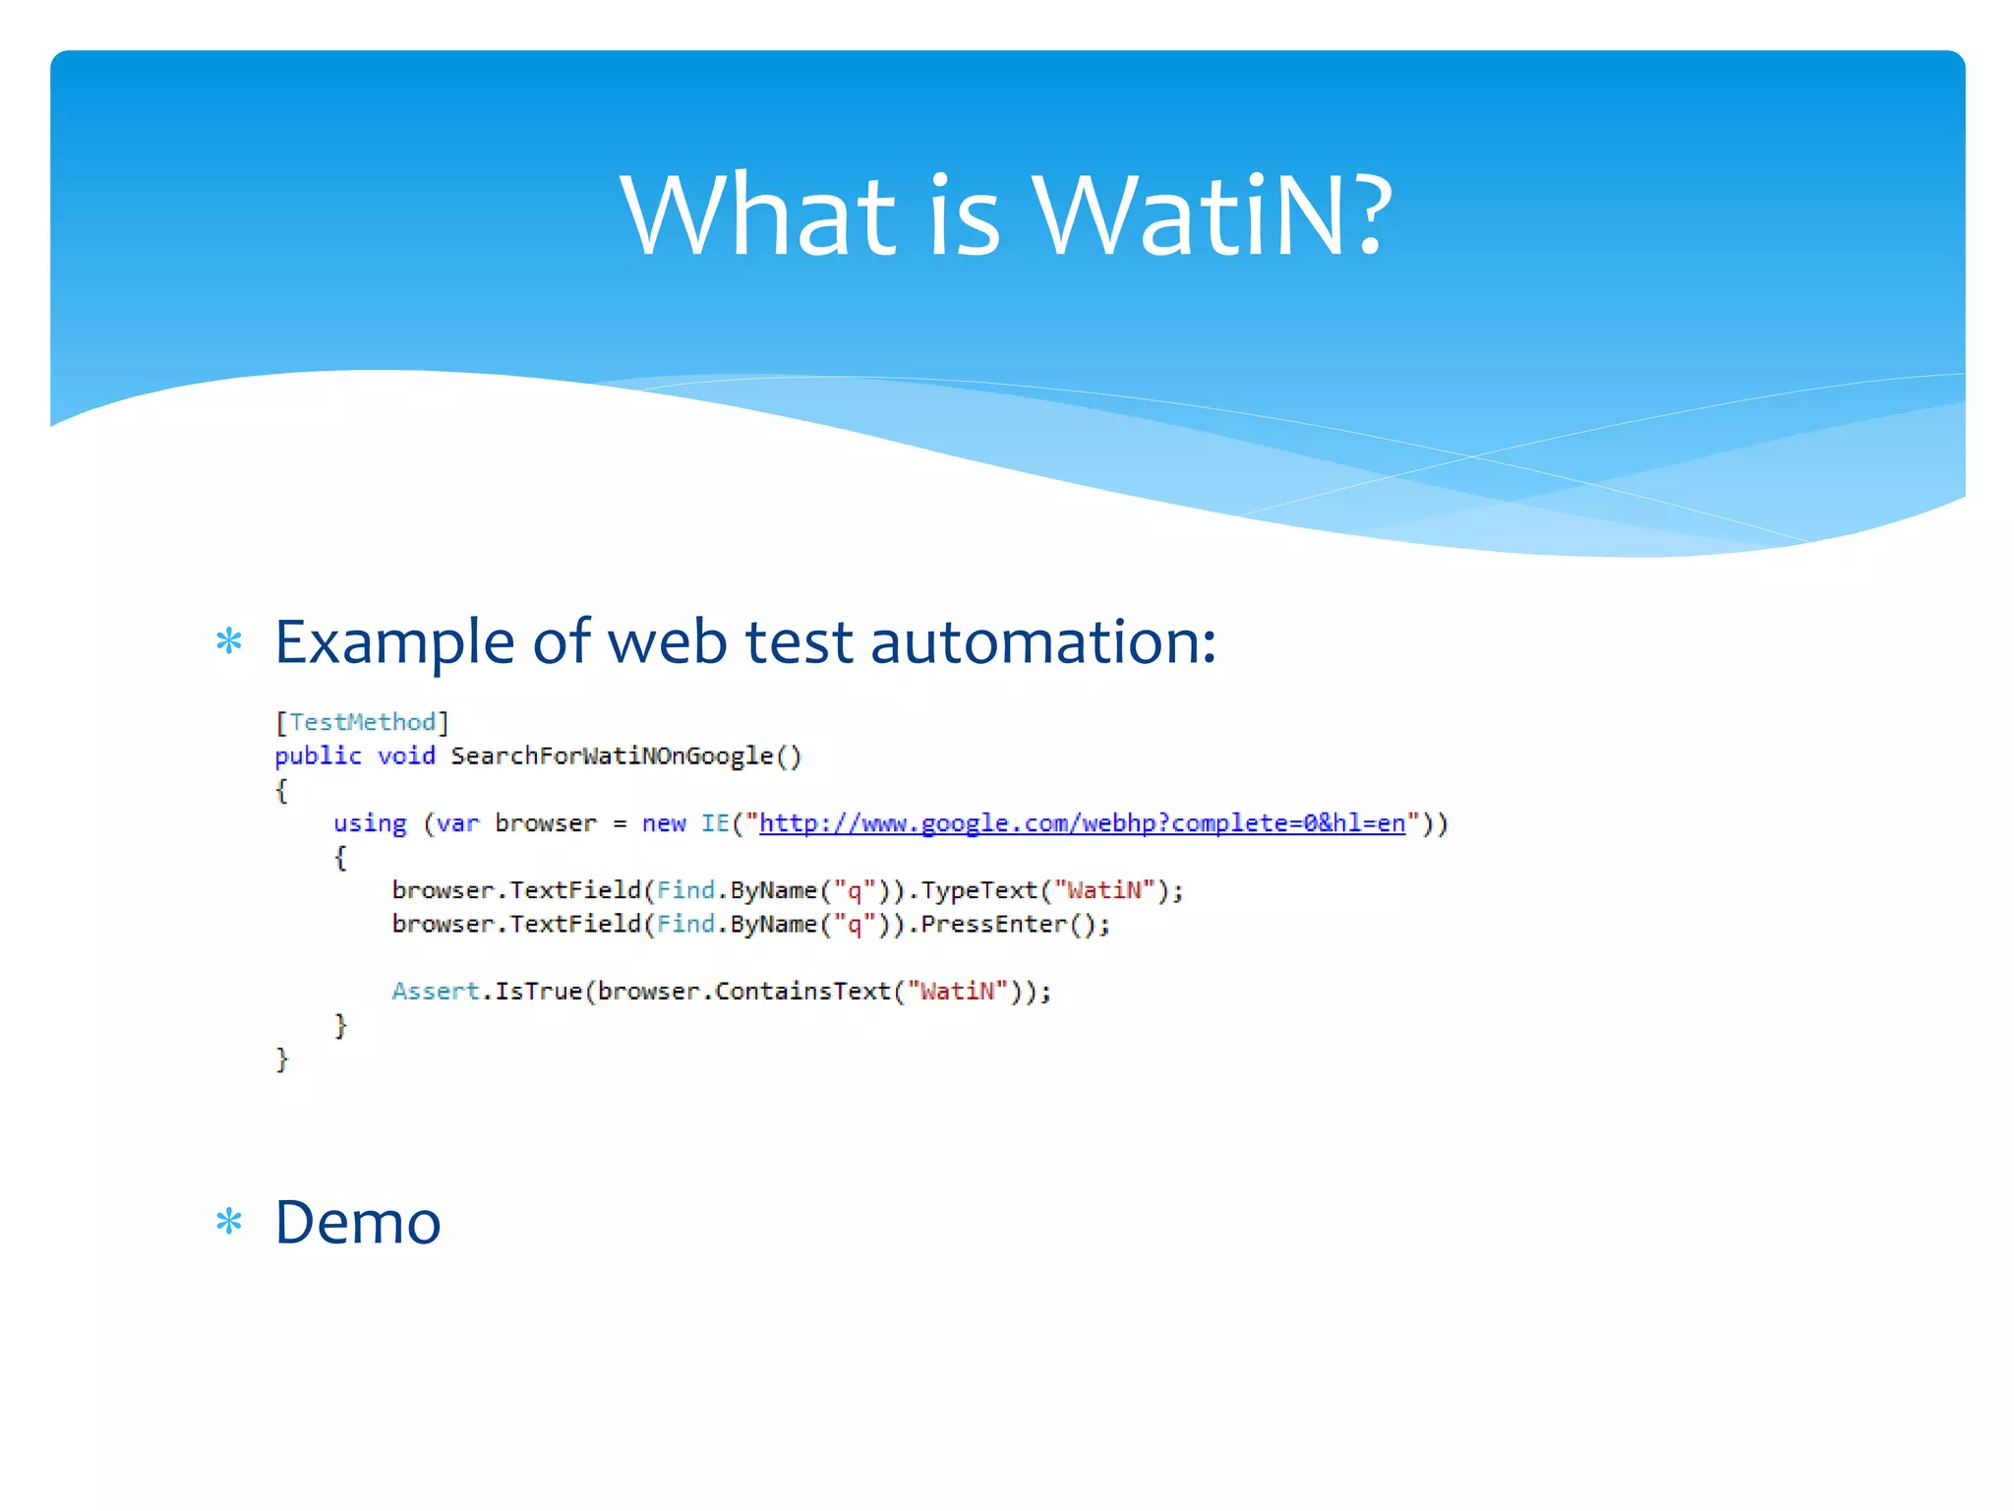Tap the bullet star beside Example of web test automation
pyautogui.click(x=229, y=642)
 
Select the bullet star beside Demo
pyautogui.click(x=229, y=1223)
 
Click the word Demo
pyautogui.click(x=358, y=1223)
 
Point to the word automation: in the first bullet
pyautogui.click(x=1043, y=642)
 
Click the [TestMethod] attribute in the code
pyautogui.click(x=362, y=722)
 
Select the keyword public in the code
pyautogui.click(x=318, y=755)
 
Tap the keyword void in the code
pyautogui.click(x=406, y=755)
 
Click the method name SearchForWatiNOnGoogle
pyautogui.click(x=612, y=755)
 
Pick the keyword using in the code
pyautogui.click(x=370, y=823)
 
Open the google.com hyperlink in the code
pyautogui.click(x=1082, y=823)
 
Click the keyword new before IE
pyautogui.click(x=664, y=823)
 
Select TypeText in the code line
pyautogui.click(x=979, y=890)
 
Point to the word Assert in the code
pyautogui.click(x=436, y=991)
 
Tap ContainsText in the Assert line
pyautogui.click(x=802, y=991)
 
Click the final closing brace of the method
pyautogui.click(x=282, y=1058)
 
